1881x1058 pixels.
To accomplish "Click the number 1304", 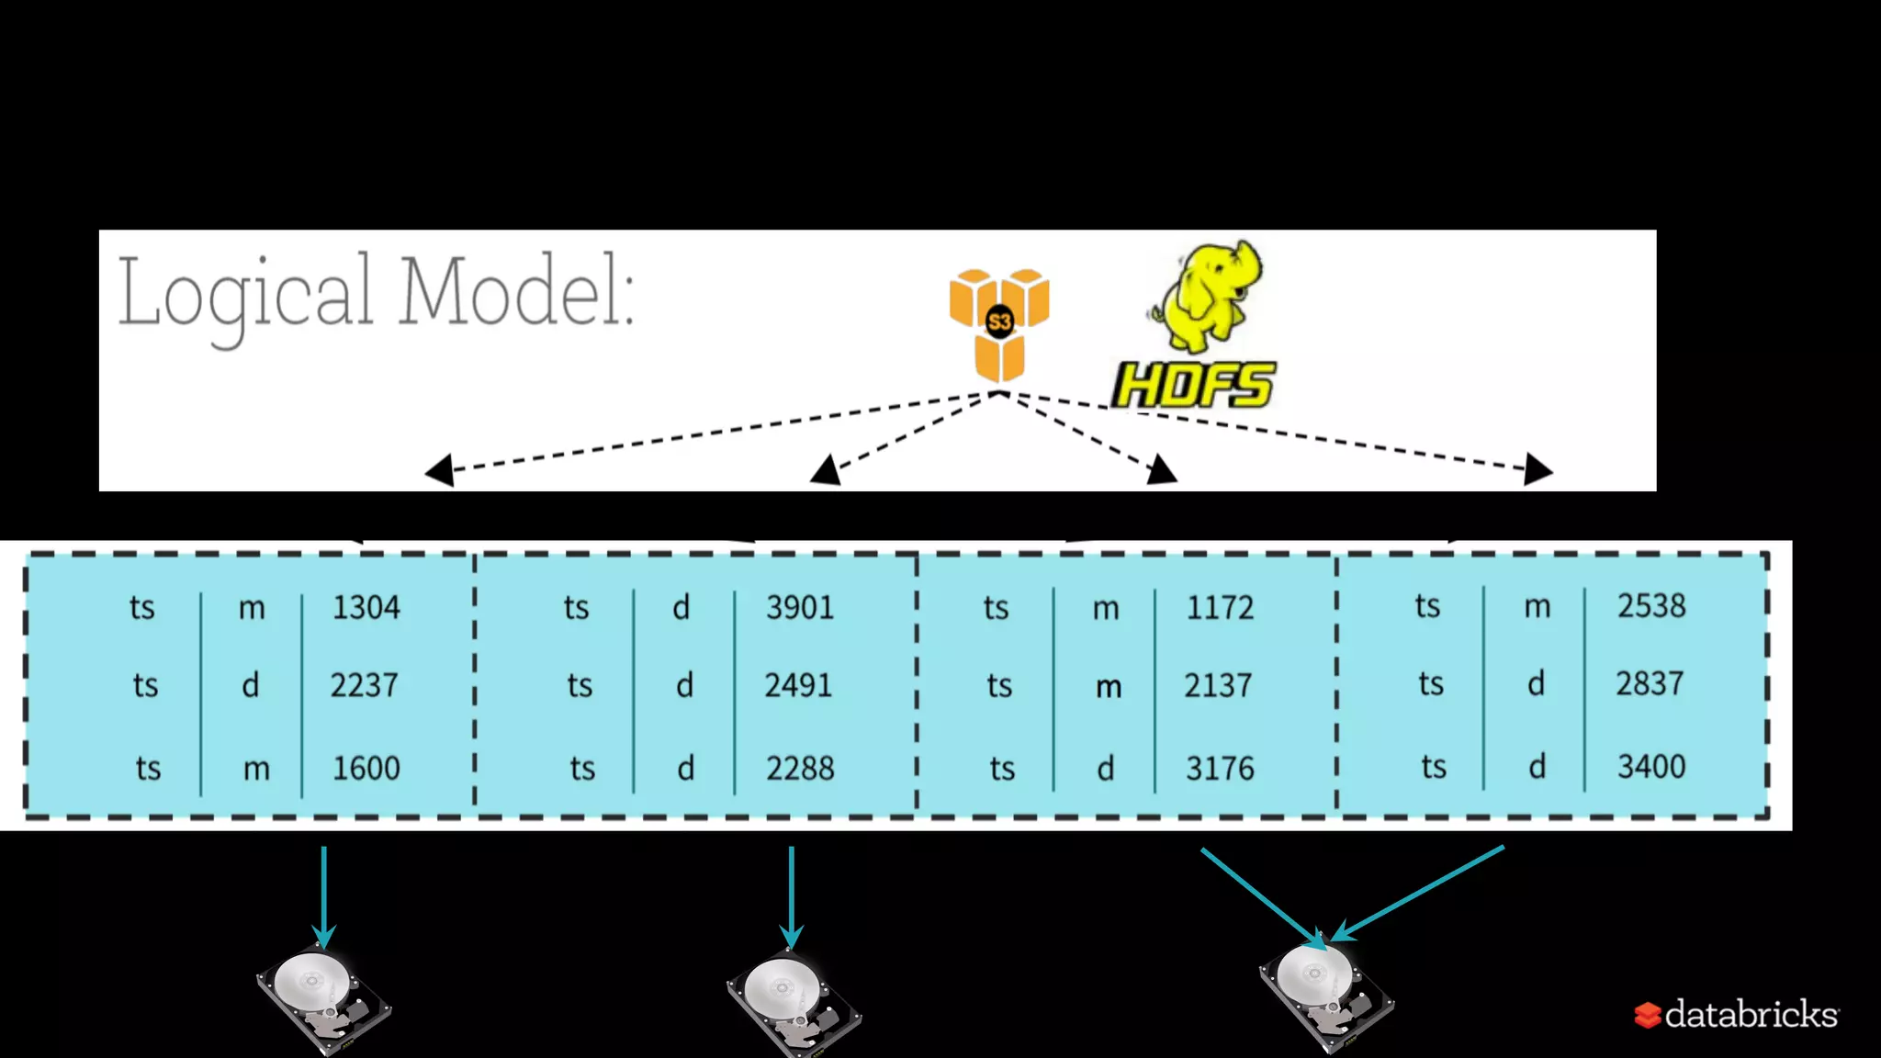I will (x=366, y=607).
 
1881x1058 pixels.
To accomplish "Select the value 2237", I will (x=364, y=685).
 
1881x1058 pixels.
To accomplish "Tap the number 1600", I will (x=366, y=768).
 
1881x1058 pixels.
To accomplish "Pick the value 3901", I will (x=800, y=607).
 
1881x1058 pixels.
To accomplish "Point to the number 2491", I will (x=798, y=685).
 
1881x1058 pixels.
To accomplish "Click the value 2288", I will (x=800, y=768).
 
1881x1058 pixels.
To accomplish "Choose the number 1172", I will (x=1220, y=607).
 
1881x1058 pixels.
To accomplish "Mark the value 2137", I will (x=1217, y=685).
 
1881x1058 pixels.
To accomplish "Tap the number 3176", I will (x=1220, y=768).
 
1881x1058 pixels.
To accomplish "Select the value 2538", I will (x=1651, y=605).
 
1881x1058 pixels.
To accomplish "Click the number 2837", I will (x=1650, y=683).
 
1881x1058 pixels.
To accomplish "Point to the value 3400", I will (x=1651, y=766).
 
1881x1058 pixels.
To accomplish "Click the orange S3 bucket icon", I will (x=999, y=324).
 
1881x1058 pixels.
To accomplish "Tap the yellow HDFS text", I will (x=1193, y=385).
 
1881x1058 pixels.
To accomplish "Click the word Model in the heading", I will (x=515, y=292).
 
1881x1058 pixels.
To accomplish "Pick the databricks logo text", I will (x=1751, y=1014).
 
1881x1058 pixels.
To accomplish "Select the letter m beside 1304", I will (x=252, y=608).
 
